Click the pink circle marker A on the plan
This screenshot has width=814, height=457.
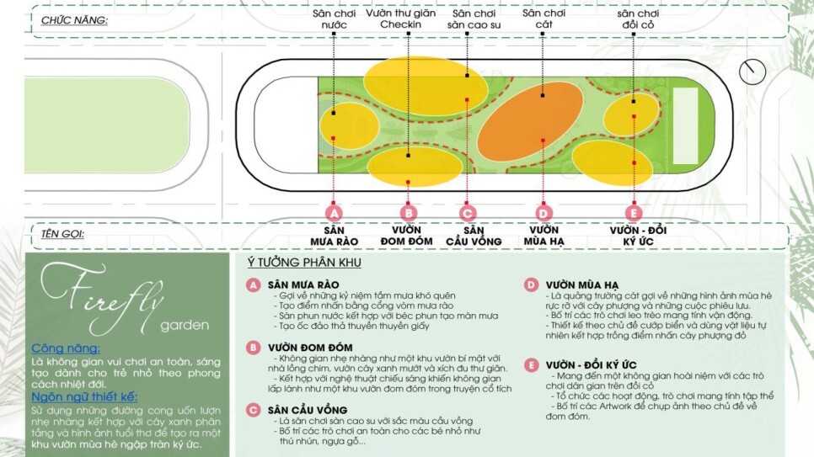pos(335,213)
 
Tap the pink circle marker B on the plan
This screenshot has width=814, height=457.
pos(409,213)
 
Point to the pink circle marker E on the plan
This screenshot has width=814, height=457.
pos(633,213)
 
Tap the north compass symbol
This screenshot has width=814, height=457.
pos(752,72)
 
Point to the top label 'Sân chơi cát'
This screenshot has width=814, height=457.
pos(543,19)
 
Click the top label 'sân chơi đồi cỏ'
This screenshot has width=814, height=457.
pos(638,19)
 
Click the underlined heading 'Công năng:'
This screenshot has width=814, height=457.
pos(66,348)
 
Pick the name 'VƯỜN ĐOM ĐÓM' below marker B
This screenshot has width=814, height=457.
pos(407,236)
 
